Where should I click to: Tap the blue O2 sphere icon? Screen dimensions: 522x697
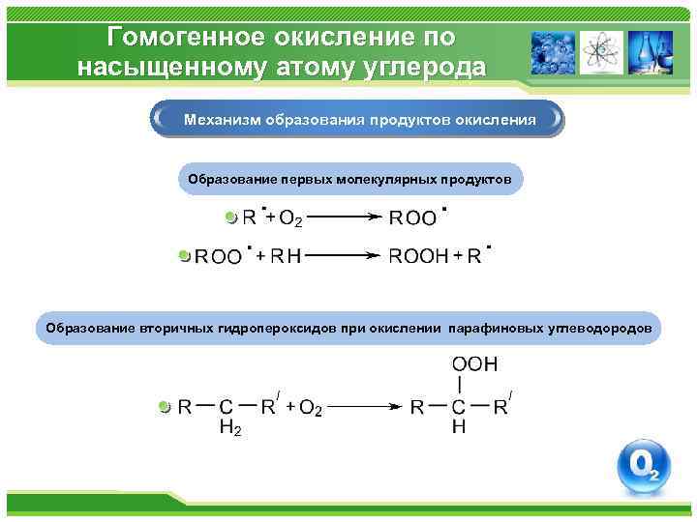tap(644, 468)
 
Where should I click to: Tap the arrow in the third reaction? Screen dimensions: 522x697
tap(366, 407)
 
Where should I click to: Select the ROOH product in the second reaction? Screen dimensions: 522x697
tap(418, 256)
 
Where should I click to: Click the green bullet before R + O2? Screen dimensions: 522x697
tap(230, 217)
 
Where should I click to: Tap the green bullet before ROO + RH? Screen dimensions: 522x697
tap(186, 256)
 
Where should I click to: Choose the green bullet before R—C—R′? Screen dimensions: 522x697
tap(164, 407)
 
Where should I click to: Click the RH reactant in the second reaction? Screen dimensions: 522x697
tap(286, 256)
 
